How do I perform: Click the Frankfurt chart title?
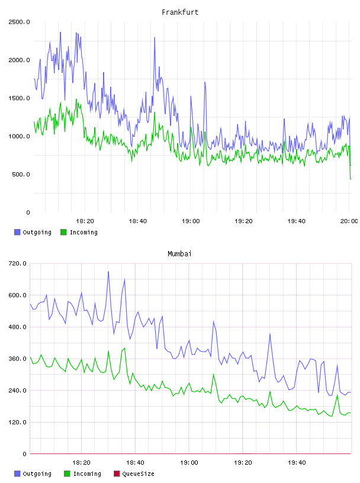(x=180, y=12)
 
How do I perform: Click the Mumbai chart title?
(x=179, y=254)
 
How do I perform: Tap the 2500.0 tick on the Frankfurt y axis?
(x=19, y=22)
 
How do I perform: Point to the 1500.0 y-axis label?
(x=19, y=98)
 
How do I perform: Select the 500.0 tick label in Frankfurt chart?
(x=21, y=175)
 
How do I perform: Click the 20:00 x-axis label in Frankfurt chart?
(x=349, y=221)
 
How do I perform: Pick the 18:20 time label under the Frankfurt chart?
(x=85, y=221)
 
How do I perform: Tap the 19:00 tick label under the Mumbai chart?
(x=189, y=463)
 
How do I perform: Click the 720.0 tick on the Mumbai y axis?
(x=17, y=263)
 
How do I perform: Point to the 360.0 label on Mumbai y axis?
(x=17, y=359)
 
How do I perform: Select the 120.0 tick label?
(x=17, y=422)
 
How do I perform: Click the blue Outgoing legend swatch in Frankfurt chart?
(x=17, y=232)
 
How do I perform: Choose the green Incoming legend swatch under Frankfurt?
(x=63, y=232)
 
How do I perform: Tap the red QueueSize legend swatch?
(x=117, y=474)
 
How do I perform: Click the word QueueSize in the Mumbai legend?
(x=138, y=474)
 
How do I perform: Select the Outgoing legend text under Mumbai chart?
(x=37, y=474)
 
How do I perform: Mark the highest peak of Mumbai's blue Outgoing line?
(x=108, y=272)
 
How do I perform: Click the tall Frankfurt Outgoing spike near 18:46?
(x=155, y=37)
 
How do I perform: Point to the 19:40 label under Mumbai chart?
(x=297, y=463)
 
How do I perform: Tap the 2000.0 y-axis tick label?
(x=19, y=60)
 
